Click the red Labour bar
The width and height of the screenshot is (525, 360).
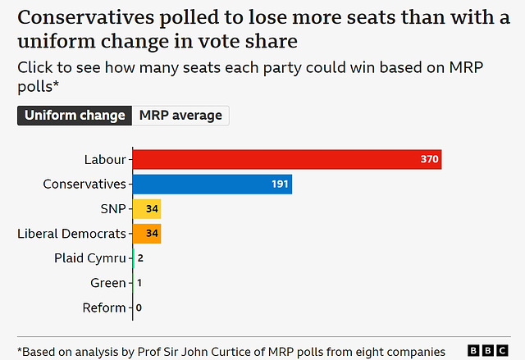[287, 159]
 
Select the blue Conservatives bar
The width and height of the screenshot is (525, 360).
[212, 185]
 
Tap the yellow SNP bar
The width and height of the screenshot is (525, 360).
[147, 209]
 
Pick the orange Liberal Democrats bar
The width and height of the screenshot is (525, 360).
[147, 234]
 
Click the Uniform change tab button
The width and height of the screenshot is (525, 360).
[75, 115]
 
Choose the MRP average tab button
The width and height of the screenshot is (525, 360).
[180, 115]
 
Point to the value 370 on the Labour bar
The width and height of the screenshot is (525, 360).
[430, 159]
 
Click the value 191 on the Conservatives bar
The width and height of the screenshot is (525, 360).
[281, 185]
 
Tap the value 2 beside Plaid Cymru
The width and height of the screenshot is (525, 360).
[141, 258]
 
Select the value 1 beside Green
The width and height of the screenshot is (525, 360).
[140, 283]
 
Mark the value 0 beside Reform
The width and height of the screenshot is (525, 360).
[139, 308]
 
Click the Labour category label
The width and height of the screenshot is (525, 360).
[105, 159]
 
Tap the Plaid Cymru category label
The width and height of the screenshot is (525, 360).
[90, 258]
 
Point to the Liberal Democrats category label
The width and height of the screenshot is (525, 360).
[71, 234]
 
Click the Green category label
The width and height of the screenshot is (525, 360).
[108, 283]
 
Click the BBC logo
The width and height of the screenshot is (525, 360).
[487, 350]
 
